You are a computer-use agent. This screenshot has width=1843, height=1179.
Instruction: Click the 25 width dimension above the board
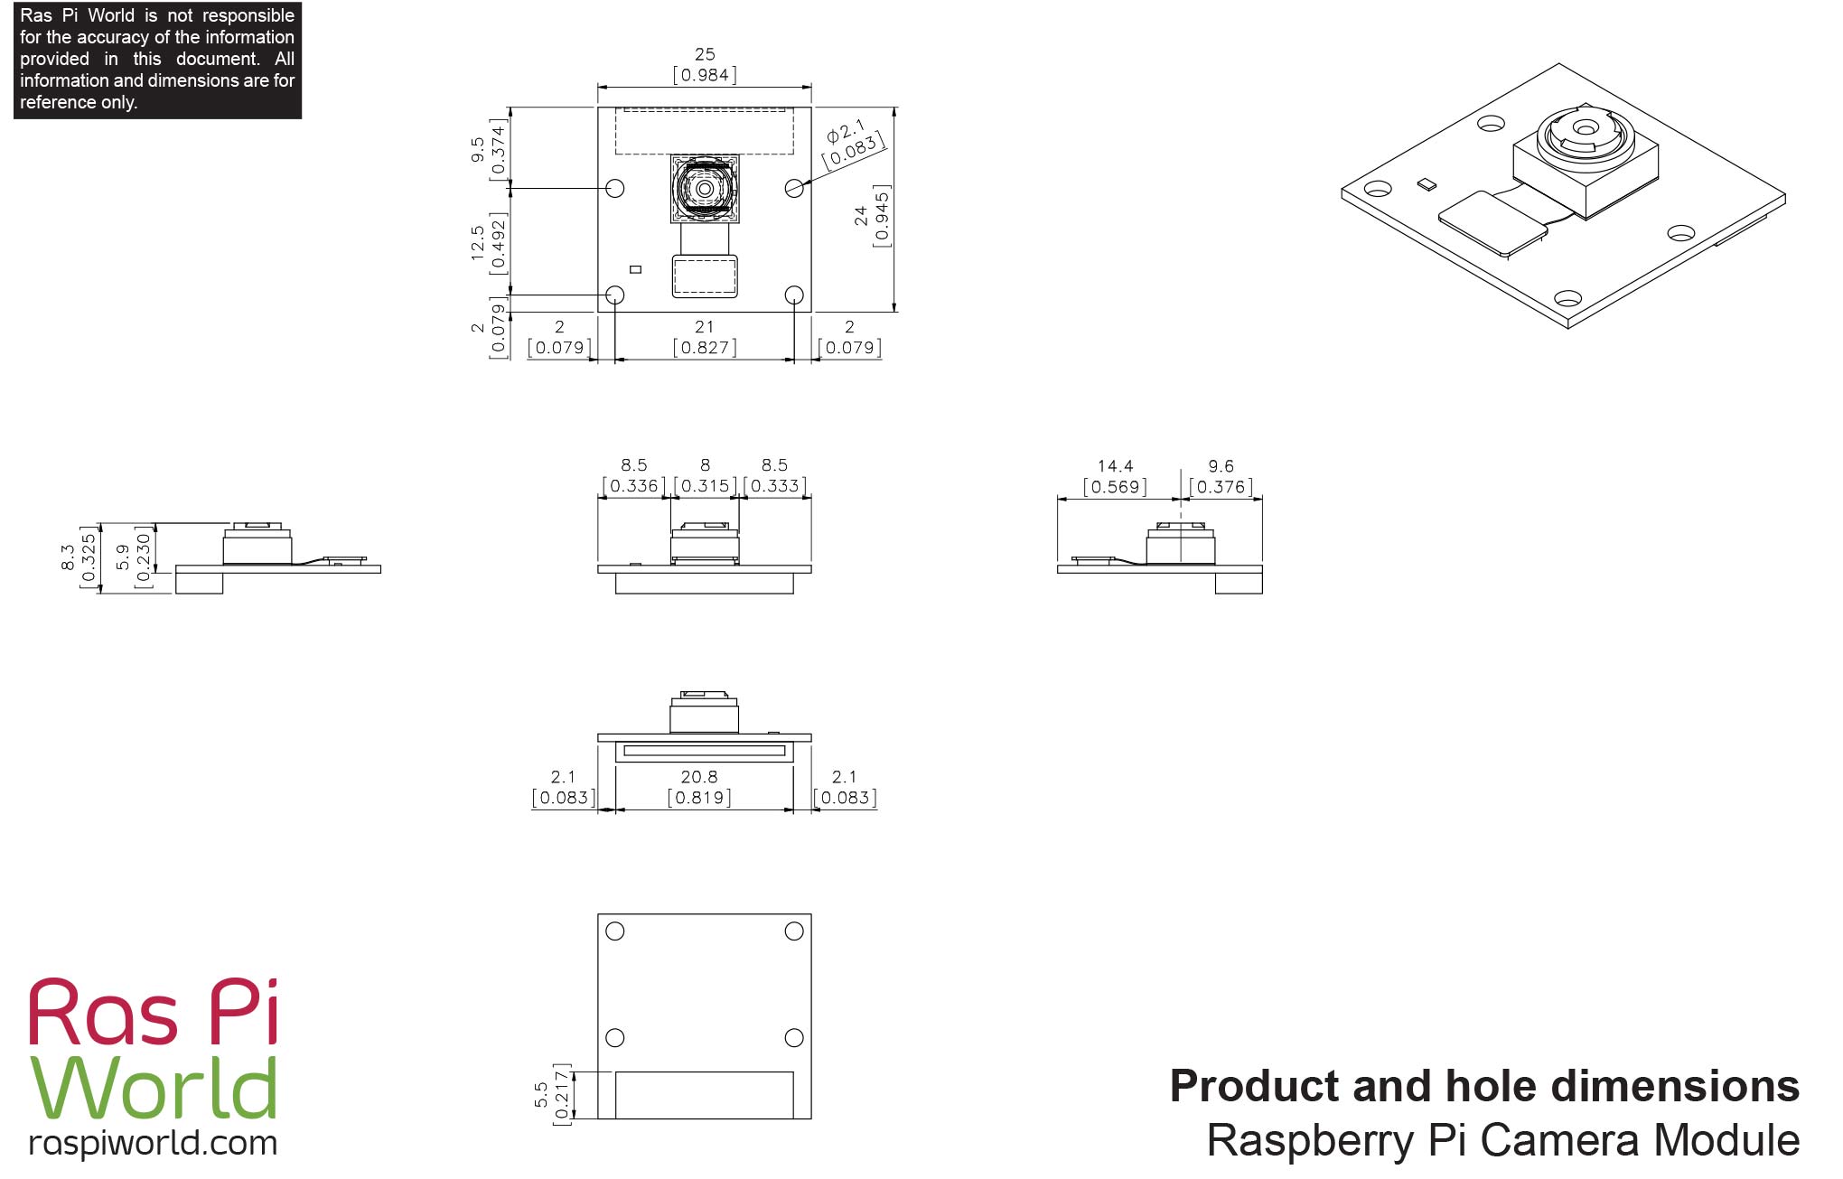(x=705, y=65)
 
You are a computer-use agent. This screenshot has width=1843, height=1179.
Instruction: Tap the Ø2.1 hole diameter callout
(x=852, y=143)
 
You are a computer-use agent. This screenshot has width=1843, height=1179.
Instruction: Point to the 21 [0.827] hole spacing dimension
(x=705, y=337)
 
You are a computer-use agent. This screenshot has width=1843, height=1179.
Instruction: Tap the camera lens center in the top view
(x=705, y=189)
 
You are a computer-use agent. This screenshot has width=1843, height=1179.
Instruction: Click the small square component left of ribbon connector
(x=635, y=269)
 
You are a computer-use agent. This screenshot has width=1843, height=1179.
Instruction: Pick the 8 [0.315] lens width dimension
(x=705, y=476)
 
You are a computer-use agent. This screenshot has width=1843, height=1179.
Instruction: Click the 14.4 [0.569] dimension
(x=1115, y=477)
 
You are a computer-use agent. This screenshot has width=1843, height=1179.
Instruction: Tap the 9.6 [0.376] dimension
(x=1221, y=477)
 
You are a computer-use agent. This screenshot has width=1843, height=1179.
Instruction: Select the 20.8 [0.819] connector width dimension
(x=699, y=787)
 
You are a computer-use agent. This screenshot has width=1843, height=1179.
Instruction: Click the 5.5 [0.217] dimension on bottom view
(x=551, y=1094)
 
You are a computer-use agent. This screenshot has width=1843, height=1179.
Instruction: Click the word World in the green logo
(x=154, y=1088)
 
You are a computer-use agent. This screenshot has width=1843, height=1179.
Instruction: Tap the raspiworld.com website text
(x=153, y=1143)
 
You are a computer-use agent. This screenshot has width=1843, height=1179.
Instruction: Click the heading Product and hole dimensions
(x=1483, y=1086)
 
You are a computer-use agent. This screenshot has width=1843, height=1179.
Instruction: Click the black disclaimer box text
(x=157, y=59)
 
